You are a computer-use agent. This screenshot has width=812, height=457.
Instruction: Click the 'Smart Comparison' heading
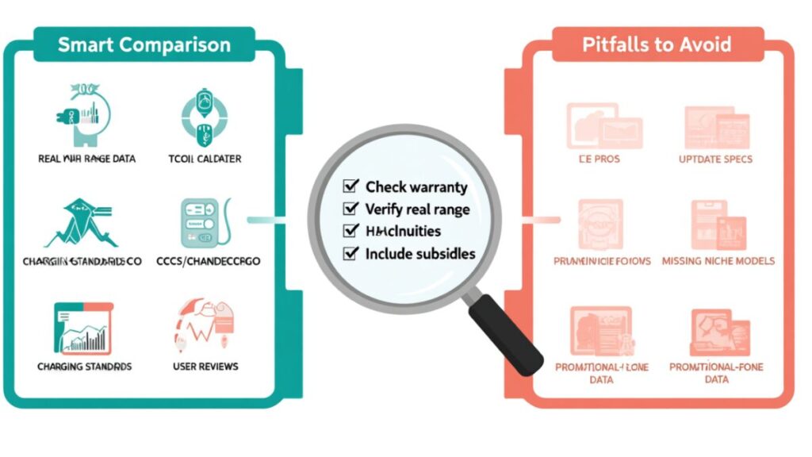tap(144, 44)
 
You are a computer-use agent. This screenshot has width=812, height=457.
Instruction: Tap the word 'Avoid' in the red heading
tap(703, 44)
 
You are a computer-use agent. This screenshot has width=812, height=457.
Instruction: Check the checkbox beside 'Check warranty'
tap(349, 186)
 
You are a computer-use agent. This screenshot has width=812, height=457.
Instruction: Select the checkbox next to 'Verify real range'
tap(349, 209)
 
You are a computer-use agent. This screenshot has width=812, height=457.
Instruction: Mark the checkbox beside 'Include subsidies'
tap(349, 254)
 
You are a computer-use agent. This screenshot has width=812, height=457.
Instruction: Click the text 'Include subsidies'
tap(420, 254)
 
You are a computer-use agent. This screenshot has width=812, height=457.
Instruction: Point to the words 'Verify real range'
tap(417, 209)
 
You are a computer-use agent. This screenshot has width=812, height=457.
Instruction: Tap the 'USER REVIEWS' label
tap(205, 367)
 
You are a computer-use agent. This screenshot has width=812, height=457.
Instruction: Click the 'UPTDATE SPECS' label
tap(715, 159)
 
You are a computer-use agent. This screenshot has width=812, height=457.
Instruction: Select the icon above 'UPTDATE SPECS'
tap(716, 126)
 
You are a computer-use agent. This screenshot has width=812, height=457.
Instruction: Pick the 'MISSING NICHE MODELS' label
tap(718, 261)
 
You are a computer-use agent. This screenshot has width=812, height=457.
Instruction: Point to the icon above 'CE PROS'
tap(603, 125)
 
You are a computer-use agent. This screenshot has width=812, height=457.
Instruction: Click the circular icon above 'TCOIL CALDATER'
tap(202, 115)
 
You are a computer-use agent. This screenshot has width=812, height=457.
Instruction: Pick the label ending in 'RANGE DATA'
tap(86, 159)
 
